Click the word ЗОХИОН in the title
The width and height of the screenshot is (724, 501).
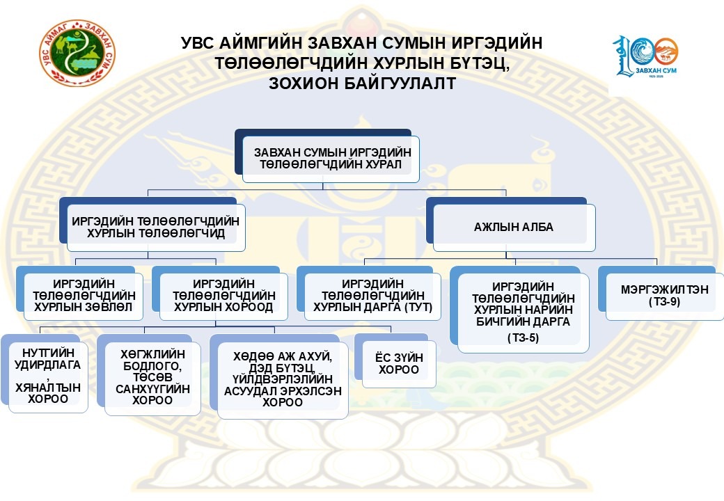304,83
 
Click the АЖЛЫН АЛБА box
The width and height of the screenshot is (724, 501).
514,227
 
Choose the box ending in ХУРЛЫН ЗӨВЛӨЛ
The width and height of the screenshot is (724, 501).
83,296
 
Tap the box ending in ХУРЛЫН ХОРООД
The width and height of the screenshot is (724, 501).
219,296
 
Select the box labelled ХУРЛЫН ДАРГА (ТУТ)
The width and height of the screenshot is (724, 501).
372,296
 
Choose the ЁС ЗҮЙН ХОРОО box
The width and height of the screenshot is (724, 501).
398,363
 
